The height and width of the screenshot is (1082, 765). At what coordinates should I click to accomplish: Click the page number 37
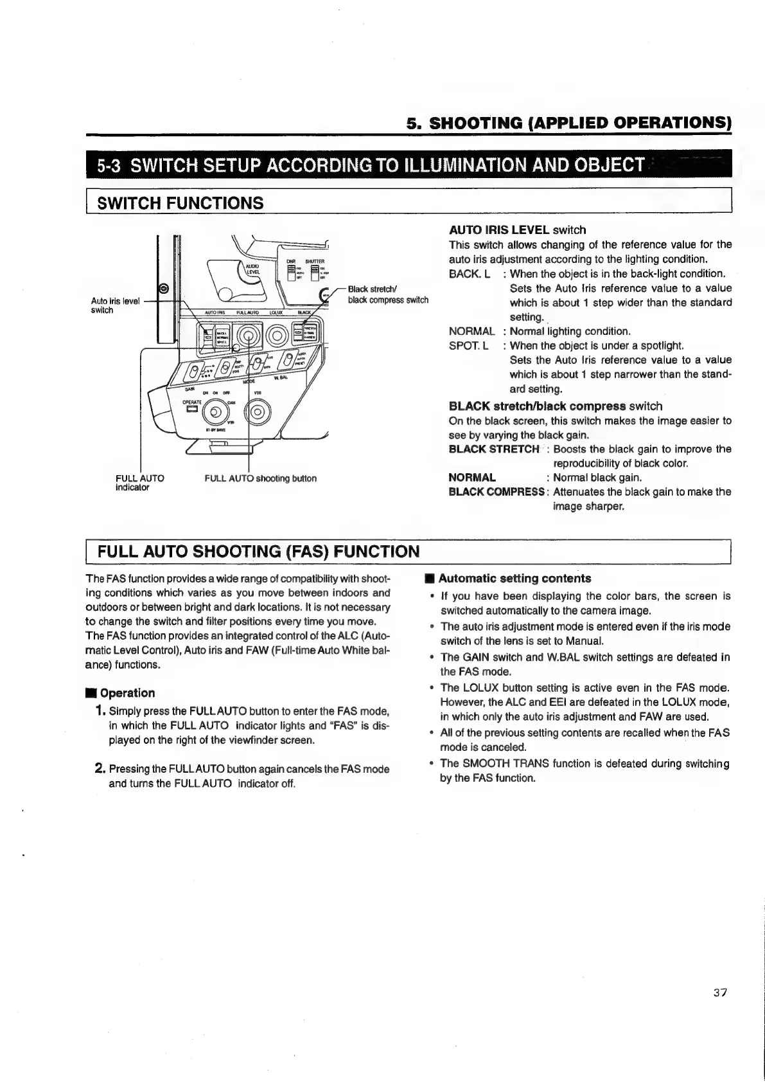(719, 1010)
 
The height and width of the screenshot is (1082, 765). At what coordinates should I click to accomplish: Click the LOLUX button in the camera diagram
(277, 336)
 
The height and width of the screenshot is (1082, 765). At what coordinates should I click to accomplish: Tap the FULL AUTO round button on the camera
(247, 336)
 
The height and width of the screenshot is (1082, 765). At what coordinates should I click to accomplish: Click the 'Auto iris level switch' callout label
(116, 305)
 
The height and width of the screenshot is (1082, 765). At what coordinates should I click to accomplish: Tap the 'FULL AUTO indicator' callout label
(139, 483)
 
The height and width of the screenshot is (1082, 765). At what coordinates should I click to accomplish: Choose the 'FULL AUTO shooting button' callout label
(260, 478)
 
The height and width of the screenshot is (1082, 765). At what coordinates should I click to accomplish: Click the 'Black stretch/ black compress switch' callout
(387, 295)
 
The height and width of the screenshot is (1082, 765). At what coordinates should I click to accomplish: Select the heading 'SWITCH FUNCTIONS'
(180, 203)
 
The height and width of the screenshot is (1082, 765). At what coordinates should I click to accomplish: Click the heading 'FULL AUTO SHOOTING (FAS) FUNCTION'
(258, 552)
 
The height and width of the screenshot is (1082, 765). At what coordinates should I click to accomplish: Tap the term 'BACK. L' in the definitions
(470, 274)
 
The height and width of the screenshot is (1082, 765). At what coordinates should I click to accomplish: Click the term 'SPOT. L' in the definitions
(469, 346)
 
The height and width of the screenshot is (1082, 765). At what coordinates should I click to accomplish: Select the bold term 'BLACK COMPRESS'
(497, 492)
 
